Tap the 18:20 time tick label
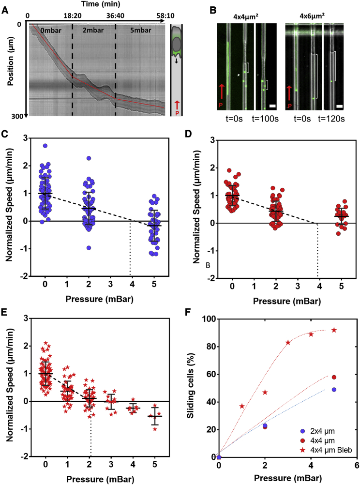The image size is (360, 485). [x=72, y=15]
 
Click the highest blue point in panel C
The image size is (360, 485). [x=45, y=145]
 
